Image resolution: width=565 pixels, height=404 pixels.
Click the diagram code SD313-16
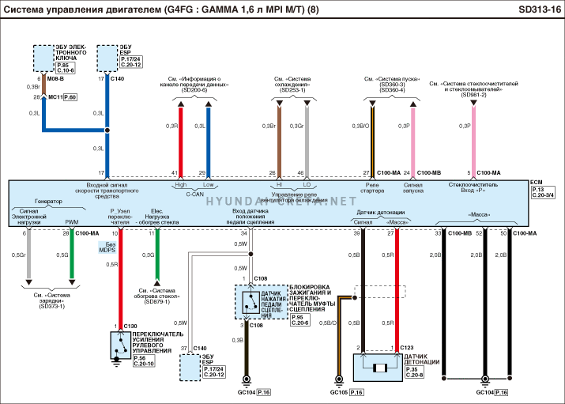tap(541, 9)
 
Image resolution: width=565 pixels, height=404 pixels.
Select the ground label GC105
tap(338, 393)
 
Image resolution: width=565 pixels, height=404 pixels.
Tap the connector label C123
tap(407, 348)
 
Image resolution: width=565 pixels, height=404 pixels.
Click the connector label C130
tap(130, 326)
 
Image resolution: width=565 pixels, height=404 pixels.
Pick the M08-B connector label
tap(55, 80)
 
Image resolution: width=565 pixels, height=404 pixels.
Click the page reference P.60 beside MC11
tap(70, 96)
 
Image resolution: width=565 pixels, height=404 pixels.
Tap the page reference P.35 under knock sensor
tap(412, 368)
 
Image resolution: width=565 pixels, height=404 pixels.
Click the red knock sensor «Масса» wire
tap(397, 285)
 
